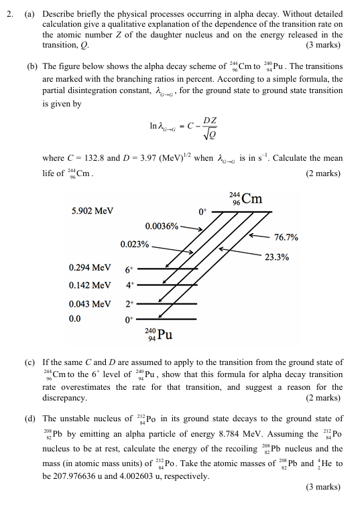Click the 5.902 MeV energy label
click(93, 210)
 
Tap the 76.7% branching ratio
click(286, 237)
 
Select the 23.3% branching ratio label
click(277, 257)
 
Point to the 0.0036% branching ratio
click(162, 226)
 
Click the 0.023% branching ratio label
click(134, 244)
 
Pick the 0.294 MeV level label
click(90, 268)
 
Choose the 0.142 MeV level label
click(90, 285)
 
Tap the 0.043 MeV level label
click(90, 303)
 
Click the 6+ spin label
click(129, 270)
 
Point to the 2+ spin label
click(129, 305)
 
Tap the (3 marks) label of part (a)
click(323, 45)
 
